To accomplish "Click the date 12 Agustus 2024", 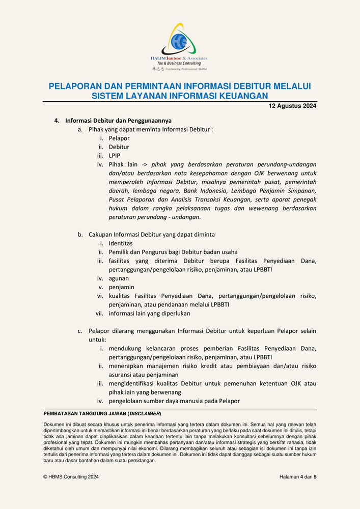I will [x=292, y=106].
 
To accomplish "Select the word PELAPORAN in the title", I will [x=74, y=87].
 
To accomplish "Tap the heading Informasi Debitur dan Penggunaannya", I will [x=118, y=121].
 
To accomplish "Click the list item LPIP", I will [x=115, y=156].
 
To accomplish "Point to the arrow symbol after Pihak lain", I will [x=145, y=165].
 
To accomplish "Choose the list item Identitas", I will [x=121, y=243].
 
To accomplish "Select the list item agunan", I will [x=119, y=278].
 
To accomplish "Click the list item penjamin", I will [x=121, y=287].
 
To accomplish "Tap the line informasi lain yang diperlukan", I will [x=149, y=314].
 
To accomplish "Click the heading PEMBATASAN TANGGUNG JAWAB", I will [x=85, y=413].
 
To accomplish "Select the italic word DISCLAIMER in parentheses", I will [x=144, y=413].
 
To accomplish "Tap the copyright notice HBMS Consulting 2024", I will [x=71, y=477].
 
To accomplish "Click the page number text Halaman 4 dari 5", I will [x=297, y=477].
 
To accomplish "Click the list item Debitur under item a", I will [x=119, y=147].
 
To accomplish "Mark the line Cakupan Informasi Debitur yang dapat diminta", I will [x=152, y=235].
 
